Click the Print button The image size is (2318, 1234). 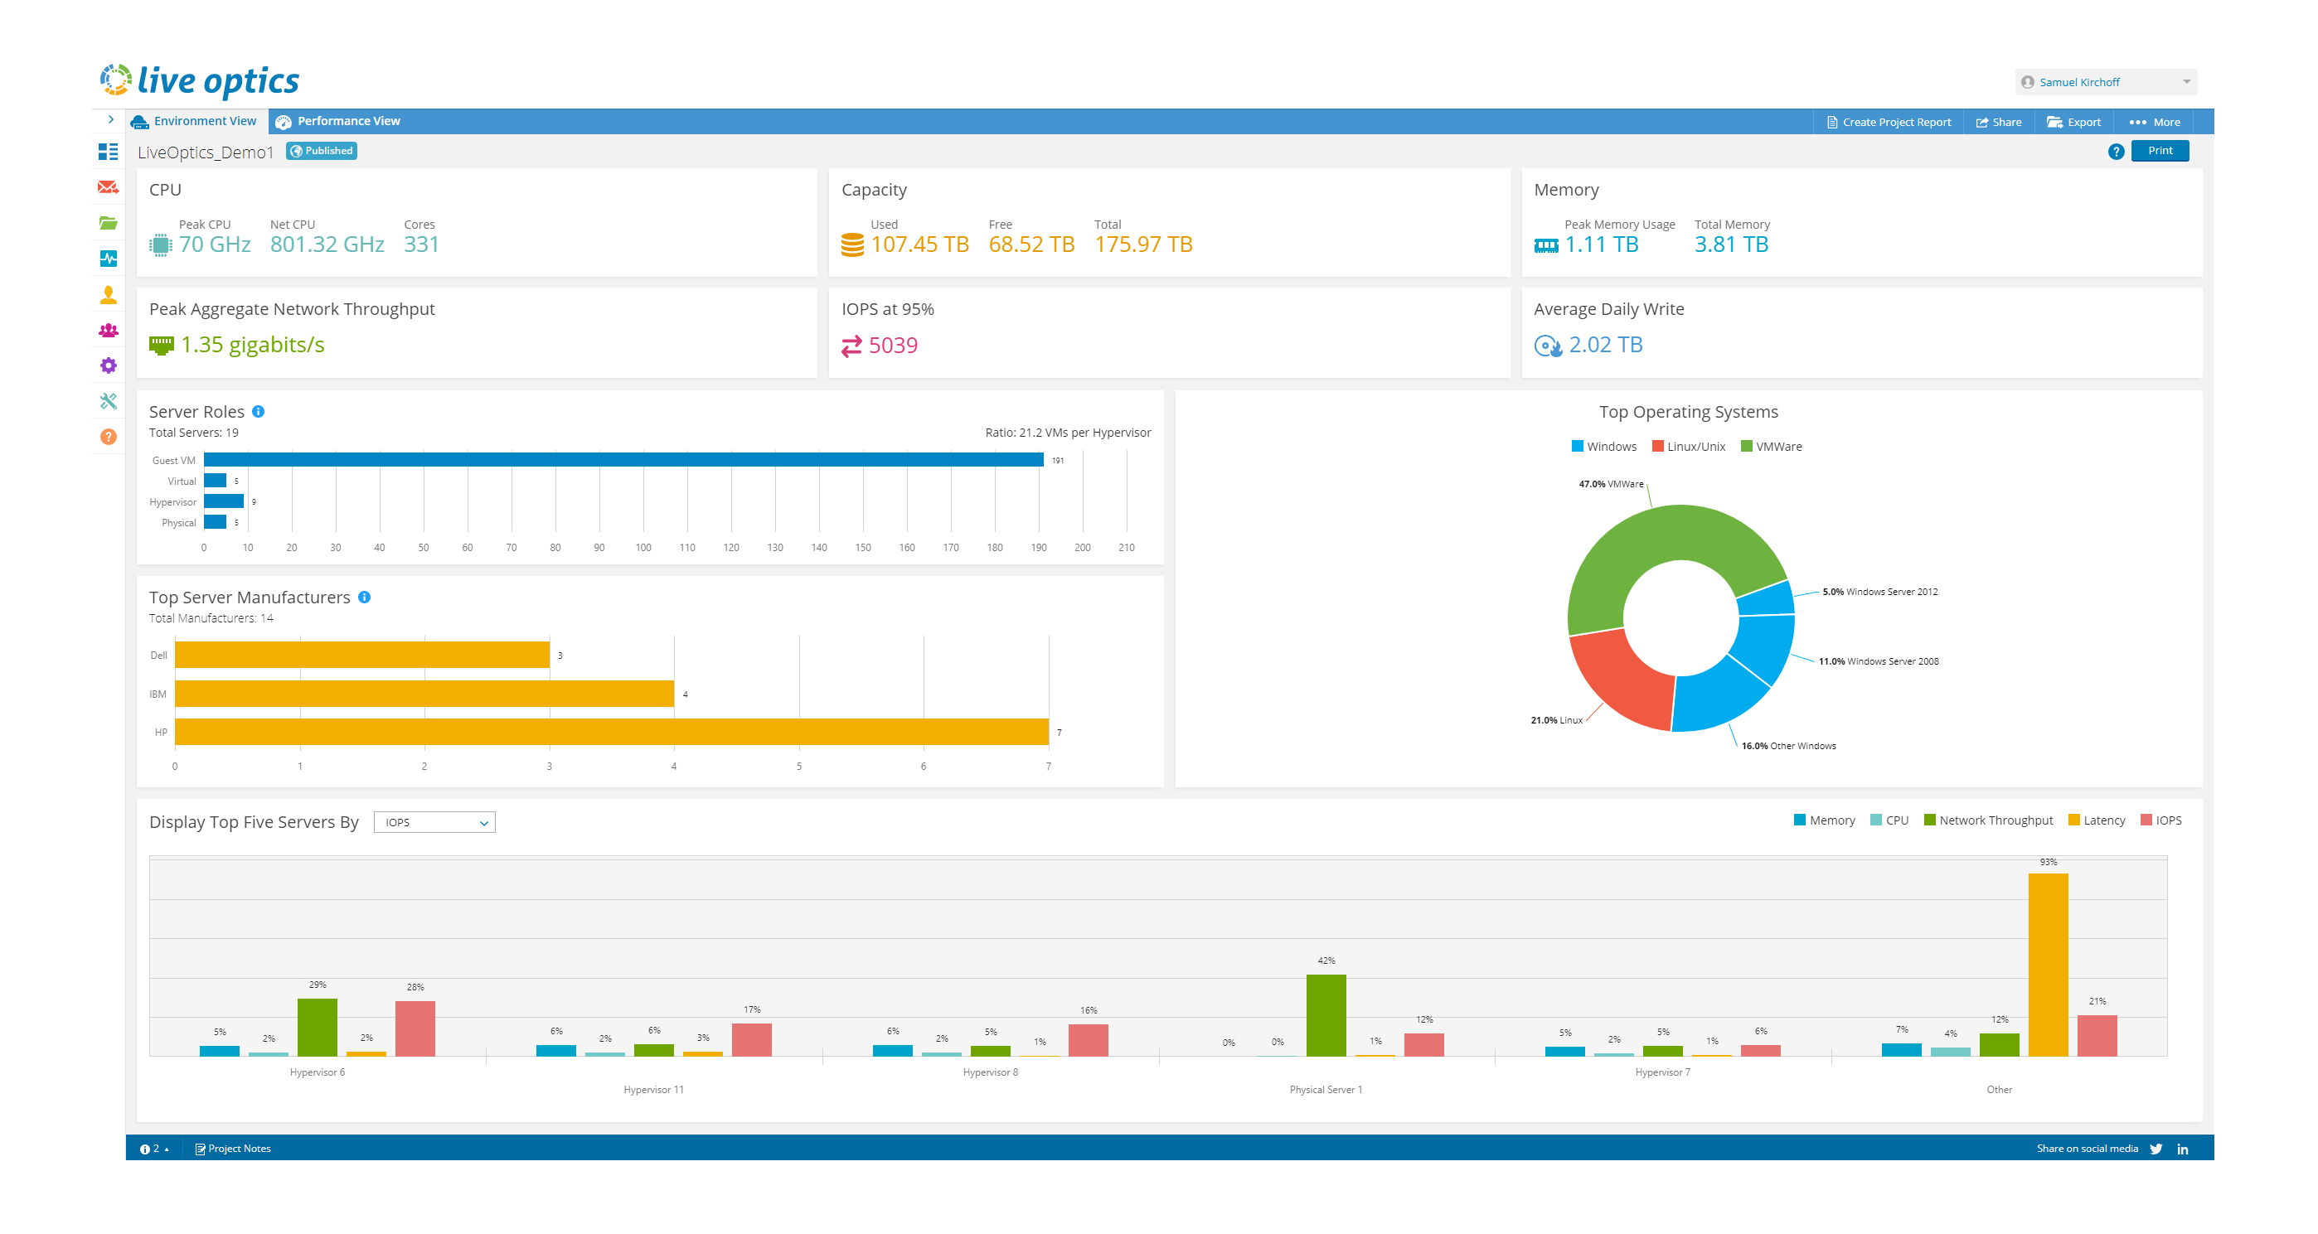click(x=2159, y=151)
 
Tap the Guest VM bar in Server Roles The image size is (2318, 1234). click(x=623, y=460)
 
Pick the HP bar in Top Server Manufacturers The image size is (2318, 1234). click(x=611, y=732)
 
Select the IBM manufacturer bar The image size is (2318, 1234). click(x=424, y=694)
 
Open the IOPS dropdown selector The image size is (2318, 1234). click(x=434, y=822)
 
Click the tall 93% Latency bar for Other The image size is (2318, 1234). click(x=2047, y=963)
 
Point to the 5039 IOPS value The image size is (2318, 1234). click(x=893, y=346)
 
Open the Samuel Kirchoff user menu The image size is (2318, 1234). click(x=2105, y=82)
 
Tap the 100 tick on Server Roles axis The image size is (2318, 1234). click(x=643, y=548)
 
